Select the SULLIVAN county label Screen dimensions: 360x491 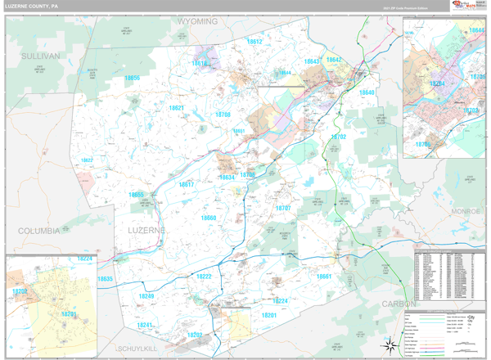point(41,56)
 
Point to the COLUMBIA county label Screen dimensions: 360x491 point(33,231)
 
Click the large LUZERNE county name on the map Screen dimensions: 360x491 point(146,231)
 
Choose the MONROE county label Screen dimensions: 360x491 point(466,211)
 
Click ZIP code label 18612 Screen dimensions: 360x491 point(254,41)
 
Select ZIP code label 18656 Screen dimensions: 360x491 point(132,79)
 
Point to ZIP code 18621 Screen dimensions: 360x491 point(176,108)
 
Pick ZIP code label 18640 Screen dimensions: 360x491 point(366,92)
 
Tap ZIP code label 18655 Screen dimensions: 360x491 point(136,195)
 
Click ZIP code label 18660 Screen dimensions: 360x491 point(209,218)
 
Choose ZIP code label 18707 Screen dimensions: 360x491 point(282,208)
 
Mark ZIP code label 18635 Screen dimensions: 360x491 point(106,279)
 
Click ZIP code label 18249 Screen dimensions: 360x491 point(146,296)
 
